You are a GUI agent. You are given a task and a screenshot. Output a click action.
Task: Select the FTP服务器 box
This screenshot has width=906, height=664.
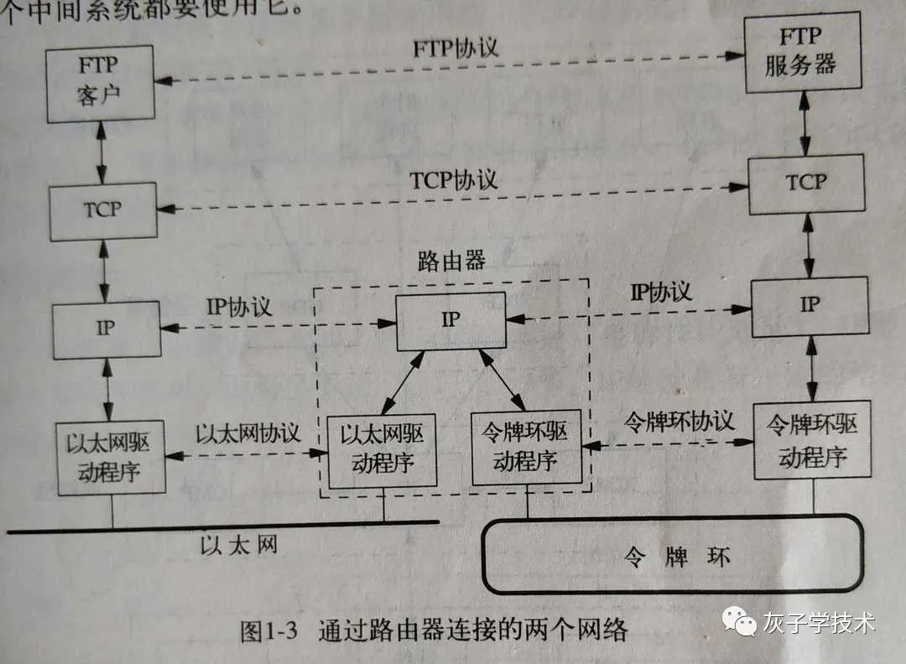(803, 52)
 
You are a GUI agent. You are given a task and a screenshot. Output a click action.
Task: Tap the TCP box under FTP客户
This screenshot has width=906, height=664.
(102, 210)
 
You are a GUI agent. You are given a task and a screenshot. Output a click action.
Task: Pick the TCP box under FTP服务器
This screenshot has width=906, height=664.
(806, 183)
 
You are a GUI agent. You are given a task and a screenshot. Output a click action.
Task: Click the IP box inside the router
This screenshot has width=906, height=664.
(451, 321)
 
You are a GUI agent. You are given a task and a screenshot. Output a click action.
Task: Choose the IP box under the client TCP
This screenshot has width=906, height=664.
(106, 329)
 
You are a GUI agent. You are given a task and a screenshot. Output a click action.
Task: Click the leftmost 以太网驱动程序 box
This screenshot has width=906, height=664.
(109, 457)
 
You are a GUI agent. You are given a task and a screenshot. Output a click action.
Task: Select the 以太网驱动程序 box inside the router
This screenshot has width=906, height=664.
(382, 450)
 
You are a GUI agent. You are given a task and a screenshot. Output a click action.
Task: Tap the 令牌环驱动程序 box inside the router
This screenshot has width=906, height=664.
(526, 449)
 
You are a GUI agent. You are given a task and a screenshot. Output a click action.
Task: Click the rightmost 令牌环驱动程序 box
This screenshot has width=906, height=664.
(812, 440)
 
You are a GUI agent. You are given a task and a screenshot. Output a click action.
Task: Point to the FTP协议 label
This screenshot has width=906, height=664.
(455, 46)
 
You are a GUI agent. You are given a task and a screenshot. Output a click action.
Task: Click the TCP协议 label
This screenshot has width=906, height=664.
(453, 179)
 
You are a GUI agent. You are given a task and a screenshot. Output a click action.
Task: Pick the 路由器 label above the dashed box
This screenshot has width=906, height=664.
(451, 261)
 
